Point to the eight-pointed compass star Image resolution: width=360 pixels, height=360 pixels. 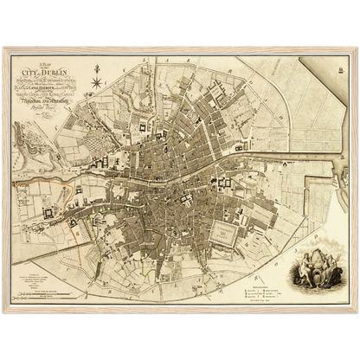click(97, 83)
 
